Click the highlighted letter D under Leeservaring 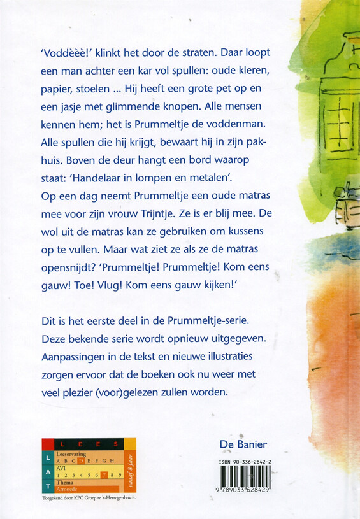click(81, 460)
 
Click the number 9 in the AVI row click(119, 475)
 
